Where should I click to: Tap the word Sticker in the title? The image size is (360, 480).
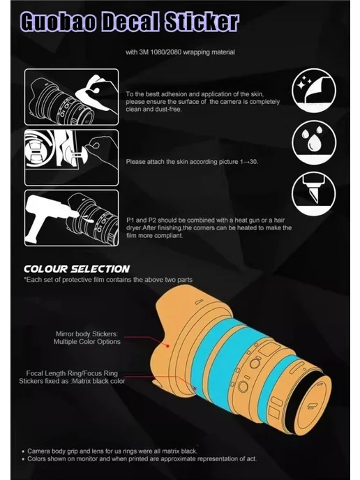(202, 22)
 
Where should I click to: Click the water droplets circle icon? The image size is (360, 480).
(314, 142)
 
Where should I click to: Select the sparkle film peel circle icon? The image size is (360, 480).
(314, 91)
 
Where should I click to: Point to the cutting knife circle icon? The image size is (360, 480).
(314, 194)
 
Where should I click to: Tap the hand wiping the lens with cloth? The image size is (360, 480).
(98, 92)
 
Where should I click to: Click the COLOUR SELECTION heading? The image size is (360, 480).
(77, 269)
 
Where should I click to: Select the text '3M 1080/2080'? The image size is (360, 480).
(159, 52)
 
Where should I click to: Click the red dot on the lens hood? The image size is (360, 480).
(167, 346)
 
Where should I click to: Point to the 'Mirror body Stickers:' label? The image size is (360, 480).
(87, 334)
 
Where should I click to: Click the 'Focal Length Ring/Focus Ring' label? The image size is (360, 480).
(72, 373)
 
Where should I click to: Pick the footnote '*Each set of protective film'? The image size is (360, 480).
(108, 280)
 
